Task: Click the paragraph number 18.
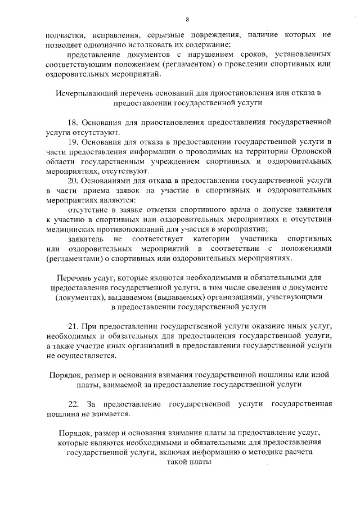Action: click(73, 122)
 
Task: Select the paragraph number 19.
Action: click(73, 141)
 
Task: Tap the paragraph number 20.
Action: click(73, 181)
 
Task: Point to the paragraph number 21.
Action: click(73, 326)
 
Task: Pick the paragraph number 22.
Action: click(73, 404)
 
